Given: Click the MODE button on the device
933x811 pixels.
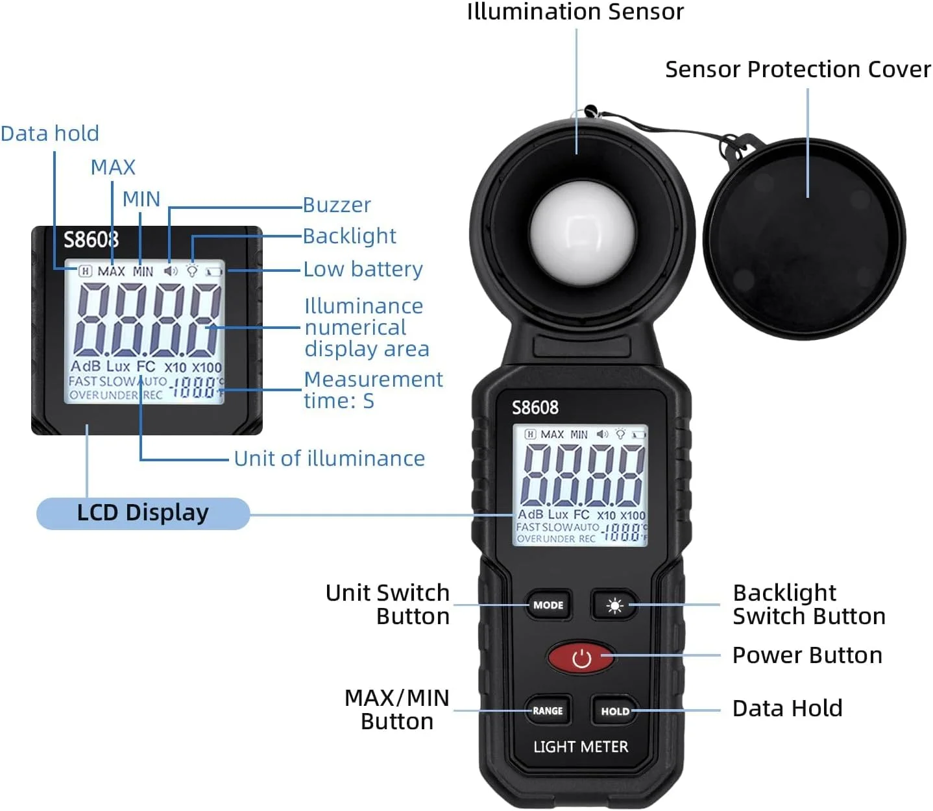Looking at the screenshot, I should (548, 605).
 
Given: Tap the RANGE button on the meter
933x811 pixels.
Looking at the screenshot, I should (548, 711).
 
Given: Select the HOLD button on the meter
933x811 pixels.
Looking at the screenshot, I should (614, 711).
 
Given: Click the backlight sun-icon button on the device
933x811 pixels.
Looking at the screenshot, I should (614, 605).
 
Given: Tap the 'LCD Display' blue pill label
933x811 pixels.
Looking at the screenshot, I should (143, 513).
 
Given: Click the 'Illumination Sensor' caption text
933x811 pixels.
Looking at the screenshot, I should (575, 12).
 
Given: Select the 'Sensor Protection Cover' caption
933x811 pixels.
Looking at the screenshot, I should (797, 69).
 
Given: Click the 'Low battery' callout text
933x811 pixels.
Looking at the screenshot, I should (363, 269).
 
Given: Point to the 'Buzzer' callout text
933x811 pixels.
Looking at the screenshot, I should (337, 205).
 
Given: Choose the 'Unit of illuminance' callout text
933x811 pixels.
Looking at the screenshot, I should (329, 459).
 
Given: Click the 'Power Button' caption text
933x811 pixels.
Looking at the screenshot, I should (806, 655).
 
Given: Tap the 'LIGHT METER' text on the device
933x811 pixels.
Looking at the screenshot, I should (581, 747).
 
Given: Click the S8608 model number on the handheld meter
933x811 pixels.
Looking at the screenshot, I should (535, 407).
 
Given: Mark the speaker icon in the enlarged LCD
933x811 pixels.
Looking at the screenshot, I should (170, 271).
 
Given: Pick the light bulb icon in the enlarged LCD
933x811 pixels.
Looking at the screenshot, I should (192, 271).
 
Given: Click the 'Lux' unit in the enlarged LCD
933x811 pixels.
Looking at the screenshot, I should (118, 367).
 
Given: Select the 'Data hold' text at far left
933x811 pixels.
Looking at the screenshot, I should (50, 134).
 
